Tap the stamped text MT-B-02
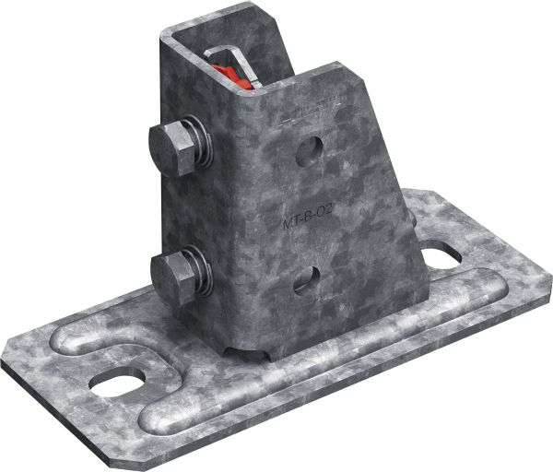pyautogui.click(x=308, y=219)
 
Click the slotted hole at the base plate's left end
pyautogui.click(x=120, y=379)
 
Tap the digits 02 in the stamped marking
pyautogui.click(x=323, y=214)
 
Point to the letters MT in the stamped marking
pyautogui.click(x=290, y=222)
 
